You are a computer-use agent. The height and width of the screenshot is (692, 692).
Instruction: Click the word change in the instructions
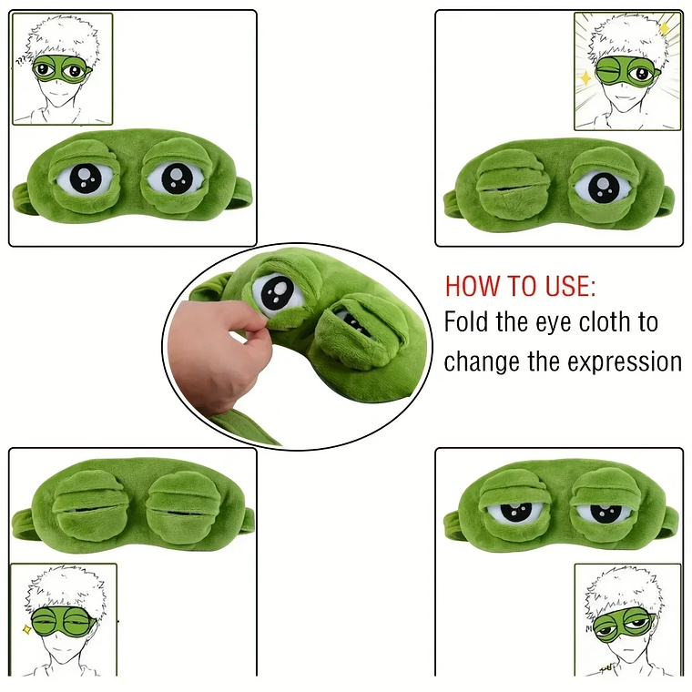point(482,361)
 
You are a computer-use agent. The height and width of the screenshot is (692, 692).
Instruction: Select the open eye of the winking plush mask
point(602,187)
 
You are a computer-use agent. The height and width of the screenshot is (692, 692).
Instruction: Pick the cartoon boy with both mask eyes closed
point(64,620)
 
